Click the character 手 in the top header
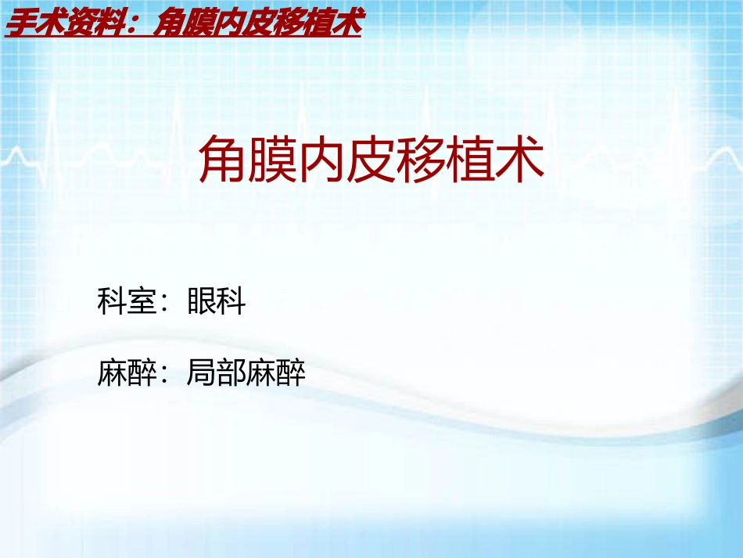[x=19, y=24]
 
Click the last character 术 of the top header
[x=346, y=24]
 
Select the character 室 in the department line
[x=142, y=301]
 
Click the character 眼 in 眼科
[x=202, y=301]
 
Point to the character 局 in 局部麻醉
[x=202, y=373]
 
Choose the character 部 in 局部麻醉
[x=232, y=373]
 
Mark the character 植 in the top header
[x=315, y=24]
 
